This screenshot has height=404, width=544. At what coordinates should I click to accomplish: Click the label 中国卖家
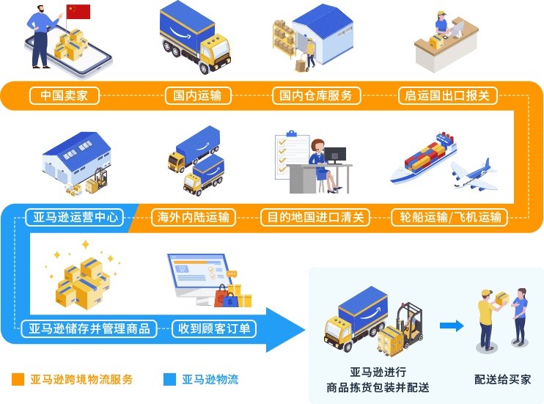click(64, 95)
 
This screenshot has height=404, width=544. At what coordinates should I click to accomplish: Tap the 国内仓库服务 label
click(316, 95)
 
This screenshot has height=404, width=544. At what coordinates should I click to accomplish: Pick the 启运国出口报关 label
click(447, 95)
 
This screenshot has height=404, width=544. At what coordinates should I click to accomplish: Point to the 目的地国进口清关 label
click(315, 217)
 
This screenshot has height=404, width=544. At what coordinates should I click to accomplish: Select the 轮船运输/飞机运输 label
click(450, 217)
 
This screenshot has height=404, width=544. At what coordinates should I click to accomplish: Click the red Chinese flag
click(78, 12)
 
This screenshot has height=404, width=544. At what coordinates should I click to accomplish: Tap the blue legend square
click(170, 379)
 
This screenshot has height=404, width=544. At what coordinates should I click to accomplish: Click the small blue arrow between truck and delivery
click(452, 326)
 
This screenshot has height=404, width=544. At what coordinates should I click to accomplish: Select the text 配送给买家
click(503, 379)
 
